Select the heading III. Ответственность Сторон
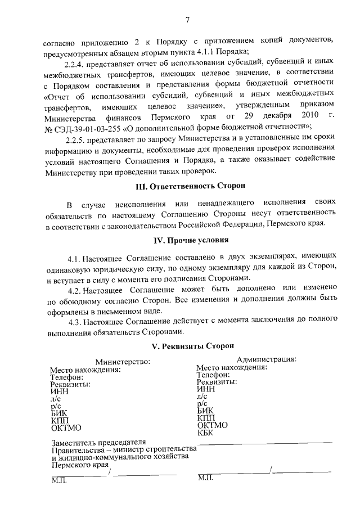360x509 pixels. (187, 186)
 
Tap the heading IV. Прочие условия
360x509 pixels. (187, 241)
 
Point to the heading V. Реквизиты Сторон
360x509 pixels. (187, 346)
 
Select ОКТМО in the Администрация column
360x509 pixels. (213, 425)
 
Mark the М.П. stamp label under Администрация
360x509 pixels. (206, 478)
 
